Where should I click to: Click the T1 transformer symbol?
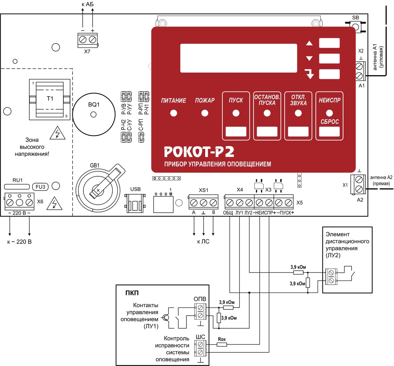pos(50,99)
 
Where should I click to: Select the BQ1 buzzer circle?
pos(94,115)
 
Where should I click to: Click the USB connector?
pos(135,203)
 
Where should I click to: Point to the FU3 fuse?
pos(40,187)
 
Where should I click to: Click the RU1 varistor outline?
pos(17,187)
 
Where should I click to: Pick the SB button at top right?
pos(356,27)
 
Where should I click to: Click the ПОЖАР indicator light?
pos(205,113)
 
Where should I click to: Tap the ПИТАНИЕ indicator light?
pos(174,113)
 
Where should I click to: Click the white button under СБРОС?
pos(329,132)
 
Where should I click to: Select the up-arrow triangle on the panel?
pos(309,43)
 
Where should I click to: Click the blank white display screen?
pos(238,58)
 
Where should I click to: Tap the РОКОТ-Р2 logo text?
pos(199,152)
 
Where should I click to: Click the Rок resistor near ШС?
pos(222,345)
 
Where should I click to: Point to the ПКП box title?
pos(132,293)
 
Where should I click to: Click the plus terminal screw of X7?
pos(93,40)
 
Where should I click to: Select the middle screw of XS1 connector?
pos(203,203)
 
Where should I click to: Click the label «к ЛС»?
pos(203,241)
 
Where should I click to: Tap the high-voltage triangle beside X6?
pos(55,204)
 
